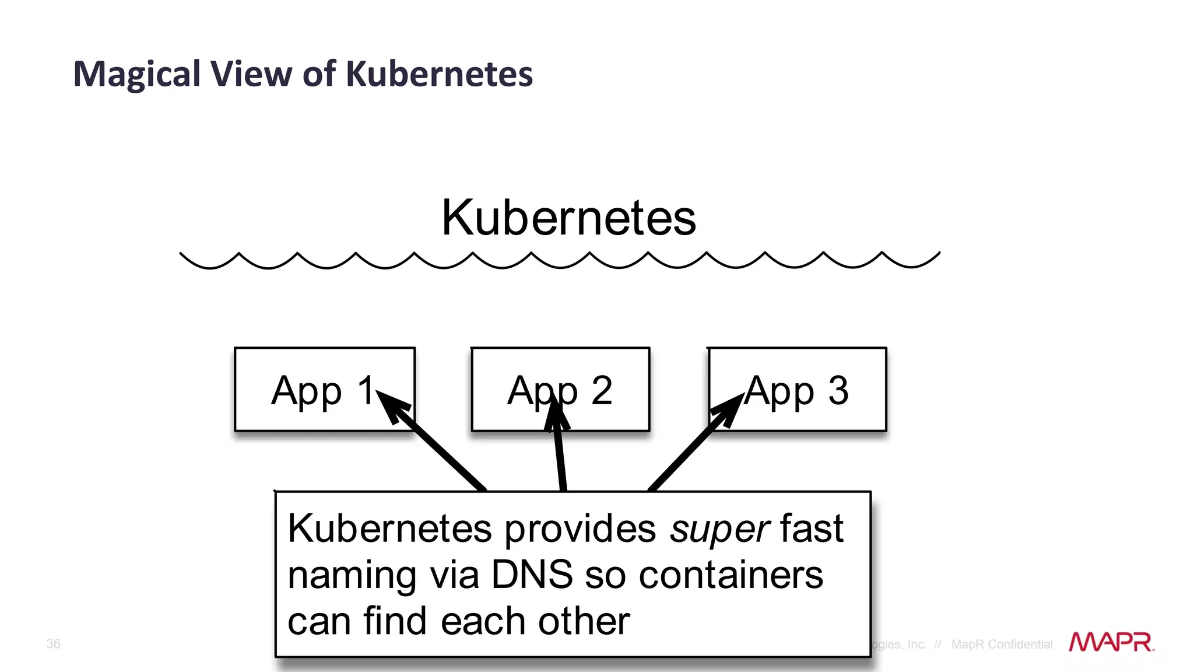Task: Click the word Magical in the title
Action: [x=137, y=75]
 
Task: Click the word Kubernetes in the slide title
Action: [x=439, y=75]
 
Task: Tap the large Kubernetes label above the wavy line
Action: [x=568, y=218]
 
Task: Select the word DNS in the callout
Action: [x=532, y=575]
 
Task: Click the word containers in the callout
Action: [x=731, y=575]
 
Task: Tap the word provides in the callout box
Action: [x=580, y=529]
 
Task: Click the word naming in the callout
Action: [x=352, y=576]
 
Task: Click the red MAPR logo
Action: [x=1111, y=642]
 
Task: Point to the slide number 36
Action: [x=53, y=643]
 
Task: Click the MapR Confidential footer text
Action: [x=1002, y=644]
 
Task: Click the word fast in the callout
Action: [x=812, y=528]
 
